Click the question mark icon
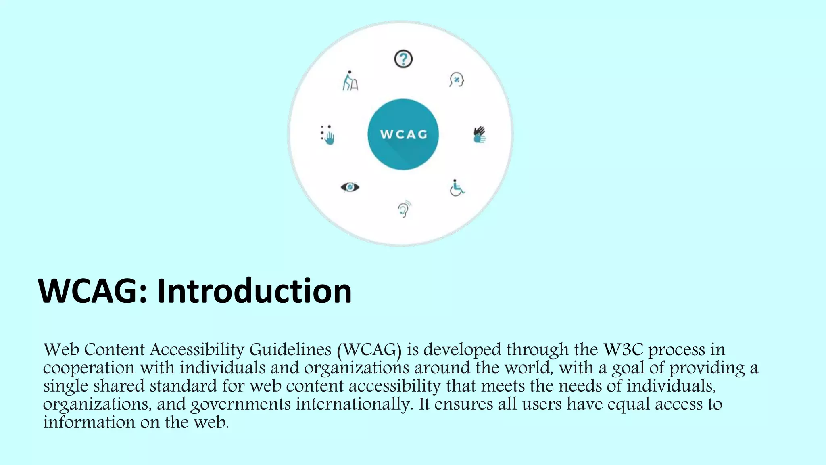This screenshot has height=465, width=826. pos(403,59)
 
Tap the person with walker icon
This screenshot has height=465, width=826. pos(350,81)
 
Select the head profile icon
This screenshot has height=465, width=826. pos(457,80)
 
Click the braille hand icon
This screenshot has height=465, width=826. pos(328,135)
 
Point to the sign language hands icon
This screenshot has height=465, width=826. pos(480,134)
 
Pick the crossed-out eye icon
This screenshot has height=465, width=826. pos(350,187)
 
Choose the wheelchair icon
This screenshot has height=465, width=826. pos(457,188)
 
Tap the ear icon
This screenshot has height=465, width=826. pos(404,209)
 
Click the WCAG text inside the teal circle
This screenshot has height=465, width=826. pos(403,135)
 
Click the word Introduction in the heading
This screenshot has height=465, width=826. pos(254,291)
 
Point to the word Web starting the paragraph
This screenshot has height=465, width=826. pos(61,350)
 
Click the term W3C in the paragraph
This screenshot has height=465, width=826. pos(623,350)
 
